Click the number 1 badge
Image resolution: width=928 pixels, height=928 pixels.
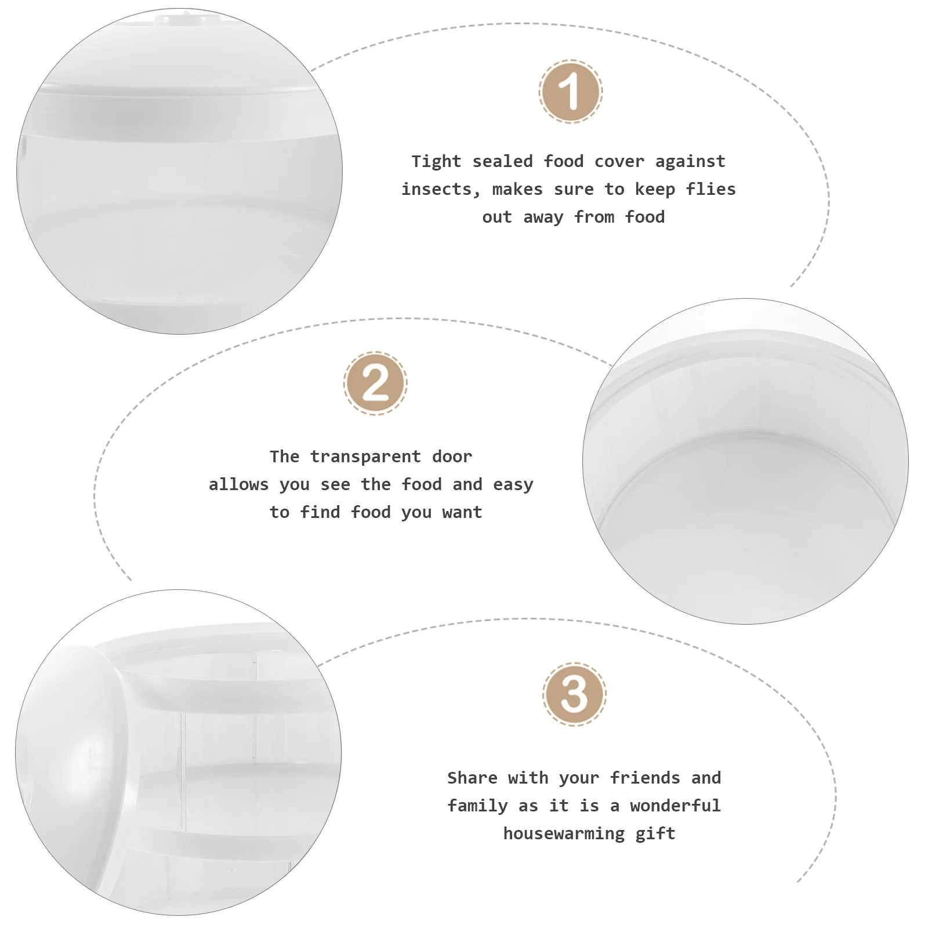pyautogui.click(x=571, y=91)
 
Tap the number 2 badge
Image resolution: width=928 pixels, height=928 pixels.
pyautogui.click(x=375, y=383)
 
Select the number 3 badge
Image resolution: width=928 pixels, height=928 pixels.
pyautogui.click(x=574, y=694)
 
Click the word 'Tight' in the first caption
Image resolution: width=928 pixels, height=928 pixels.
pyautogui.click(x=436, y=161)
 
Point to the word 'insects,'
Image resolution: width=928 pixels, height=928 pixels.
pyautogui.click(x=441, y=189)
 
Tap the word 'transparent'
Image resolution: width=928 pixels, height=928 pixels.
pyautogui.click(x=365, y=456)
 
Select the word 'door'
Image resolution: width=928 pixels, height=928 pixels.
pyautogui.click(x=452, y=456)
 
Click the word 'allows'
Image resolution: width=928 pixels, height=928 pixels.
pyautogui.click(x=238, y=484)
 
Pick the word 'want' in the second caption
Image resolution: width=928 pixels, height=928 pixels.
pyautogui.click(x=462, y=512)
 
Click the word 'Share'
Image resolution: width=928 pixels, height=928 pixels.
pyautogui.click(x=472, y=778)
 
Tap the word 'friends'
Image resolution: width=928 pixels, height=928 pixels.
pyautogui.click(x=645, y=778)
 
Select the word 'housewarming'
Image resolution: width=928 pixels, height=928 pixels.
pyautogui.click(x=564, y=833)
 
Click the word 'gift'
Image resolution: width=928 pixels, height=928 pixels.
pyautogui.click(x=655, y=833)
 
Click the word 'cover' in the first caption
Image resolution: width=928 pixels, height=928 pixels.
pyautogui.click(x=619, y=161)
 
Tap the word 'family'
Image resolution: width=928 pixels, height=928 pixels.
pyautogui.click(x=477, y=806)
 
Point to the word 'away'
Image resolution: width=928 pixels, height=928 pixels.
pyautogui.click(x=543, y=217)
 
